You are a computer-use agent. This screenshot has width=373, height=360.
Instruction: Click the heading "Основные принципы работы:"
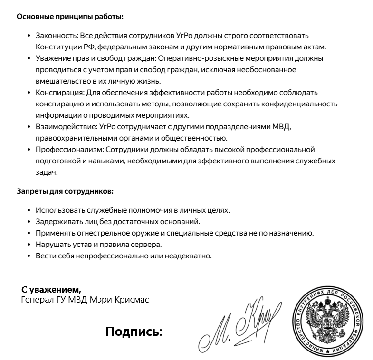[70, 17]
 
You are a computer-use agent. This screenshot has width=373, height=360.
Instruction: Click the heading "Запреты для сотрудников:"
[65, 192]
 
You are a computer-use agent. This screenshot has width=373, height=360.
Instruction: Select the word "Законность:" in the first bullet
[54, 36]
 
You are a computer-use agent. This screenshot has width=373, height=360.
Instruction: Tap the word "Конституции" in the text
[57, 47]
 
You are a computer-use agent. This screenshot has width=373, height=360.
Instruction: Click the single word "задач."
[47, 172]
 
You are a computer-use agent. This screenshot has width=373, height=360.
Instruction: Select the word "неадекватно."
[187, 256]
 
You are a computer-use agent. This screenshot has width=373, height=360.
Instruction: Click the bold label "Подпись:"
[134, 331]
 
